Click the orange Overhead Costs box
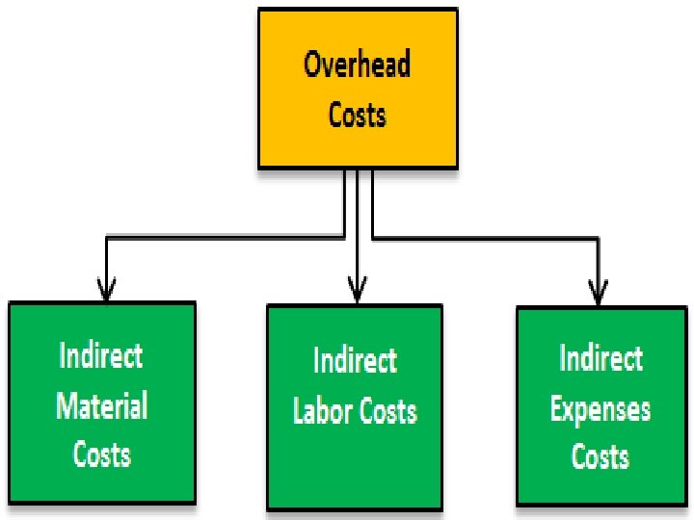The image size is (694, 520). [358, 89]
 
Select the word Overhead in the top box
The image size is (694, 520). [358, 65]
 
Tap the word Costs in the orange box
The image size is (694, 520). [358, 115]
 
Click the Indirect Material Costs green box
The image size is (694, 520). [102, 402]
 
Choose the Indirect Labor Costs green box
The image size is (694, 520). [355, 406]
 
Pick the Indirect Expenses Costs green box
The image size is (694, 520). [601, 406]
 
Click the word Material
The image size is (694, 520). [102, 405]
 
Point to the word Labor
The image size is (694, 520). [323, 411]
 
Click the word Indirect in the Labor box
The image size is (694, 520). [355, 361]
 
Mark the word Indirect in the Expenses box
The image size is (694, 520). [601, 359]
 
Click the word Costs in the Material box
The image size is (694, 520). [102, 453]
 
